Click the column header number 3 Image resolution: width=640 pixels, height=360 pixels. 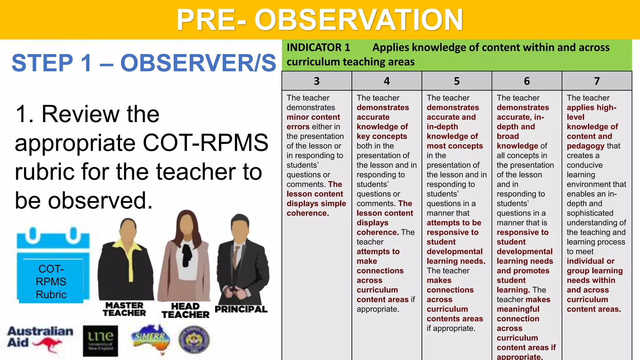coord(317,81)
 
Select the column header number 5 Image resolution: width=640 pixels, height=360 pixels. coord(457,81)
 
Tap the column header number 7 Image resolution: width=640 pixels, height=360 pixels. coord(597,81)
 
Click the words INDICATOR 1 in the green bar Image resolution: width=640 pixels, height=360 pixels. coord(318,47)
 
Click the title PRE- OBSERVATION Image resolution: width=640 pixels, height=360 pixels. coord(319,20)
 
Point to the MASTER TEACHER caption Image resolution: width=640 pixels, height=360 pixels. coord(124,309)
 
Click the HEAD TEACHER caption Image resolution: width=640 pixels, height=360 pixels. coord(185,310)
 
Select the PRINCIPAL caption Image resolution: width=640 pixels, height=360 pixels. coord(241,309)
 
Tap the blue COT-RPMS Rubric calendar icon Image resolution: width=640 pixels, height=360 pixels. coord(52,266)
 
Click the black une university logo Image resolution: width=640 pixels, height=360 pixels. coord(100,341)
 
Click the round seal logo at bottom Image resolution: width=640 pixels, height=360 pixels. coord(194,339)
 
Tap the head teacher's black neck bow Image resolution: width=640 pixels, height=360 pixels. coord(187,253)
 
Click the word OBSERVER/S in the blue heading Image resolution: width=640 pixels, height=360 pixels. coord(198,63)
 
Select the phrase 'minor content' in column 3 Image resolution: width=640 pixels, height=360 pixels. coord(313,117)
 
